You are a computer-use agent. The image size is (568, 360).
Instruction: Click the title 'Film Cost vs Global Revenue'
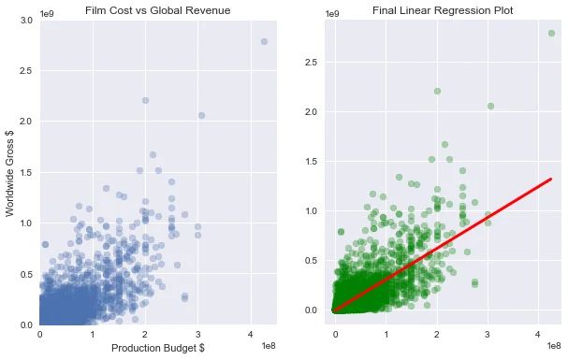[x=157, y=10]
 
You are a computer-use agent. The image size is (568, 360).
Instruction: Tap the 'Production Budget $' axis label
[x=157, y=349]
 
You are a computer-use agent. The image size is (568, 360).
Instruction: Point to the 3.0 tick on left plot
[x=27, y=20]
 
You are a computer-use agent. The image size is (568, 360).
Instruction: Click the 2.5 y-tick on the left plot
[x=27, y=71]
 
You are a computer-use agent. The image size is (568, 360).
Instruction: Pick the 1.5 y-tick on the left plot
[x=27, y=172]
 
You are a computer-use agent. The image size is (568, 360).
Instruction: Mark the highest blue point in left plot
[x=264, y=41]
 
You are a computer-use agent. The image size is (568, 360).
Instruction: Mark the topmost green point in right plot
[x=551, y=33]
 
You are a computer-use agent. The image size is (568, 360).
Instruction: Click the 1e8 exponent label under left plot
[x=267, y=346]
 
